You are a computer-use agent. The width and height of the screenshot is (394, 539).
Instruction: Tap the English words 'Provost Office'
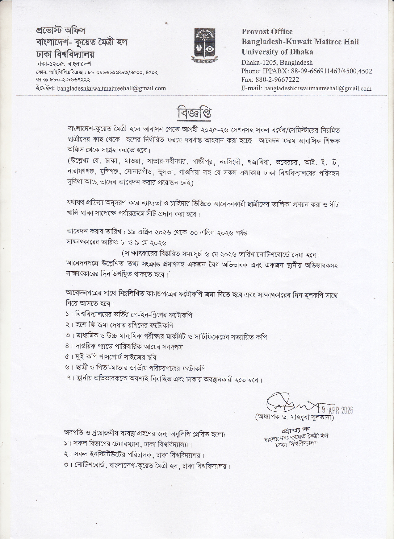pos(267,31)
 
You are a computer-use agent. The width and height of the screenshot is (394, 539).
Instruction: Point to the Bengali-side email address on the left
pos(111,88)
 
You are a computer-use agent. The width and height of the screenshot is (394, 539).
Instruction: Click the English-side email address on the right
pos(318,88)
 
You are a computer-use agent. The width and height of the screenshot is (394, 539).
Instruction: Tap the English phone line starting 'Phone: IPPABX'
pos(307,71)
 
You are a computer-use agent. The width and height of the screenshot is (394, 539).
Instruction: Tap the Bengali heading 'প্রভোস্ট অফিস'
pos(61,31)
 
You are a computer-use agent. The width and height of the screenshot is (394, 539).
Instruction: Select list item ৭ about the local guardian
pos(164,379)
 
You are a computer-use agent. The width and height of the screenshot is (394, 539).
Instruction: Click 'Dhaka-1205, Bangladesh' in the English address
pos(277,62)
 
